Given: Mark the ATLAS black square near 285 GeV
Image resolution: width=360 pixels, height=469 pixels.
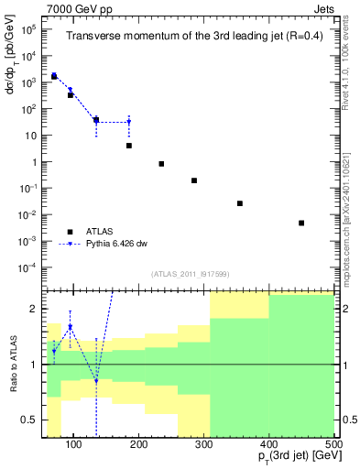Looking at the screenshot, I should pyautogui.click(x=194, y=180).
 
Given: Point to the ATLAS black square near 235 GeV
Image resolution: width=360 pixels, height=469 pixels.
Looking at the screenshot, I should pyautogui.click(x=161, y=164).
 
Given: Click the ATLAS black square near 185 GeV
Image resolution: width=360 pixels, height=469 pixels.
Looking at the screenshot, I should pyautogui.click(x=129, y=146).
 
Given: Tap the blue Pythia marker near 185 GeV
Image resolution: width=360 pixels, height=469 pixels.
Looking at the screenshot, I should pyautogui.click(x=129, y=122).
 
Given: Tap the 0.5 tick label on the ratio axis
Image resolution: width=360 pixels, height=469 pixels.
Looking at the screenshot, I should pyautogui.click(x=33, y=420).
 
